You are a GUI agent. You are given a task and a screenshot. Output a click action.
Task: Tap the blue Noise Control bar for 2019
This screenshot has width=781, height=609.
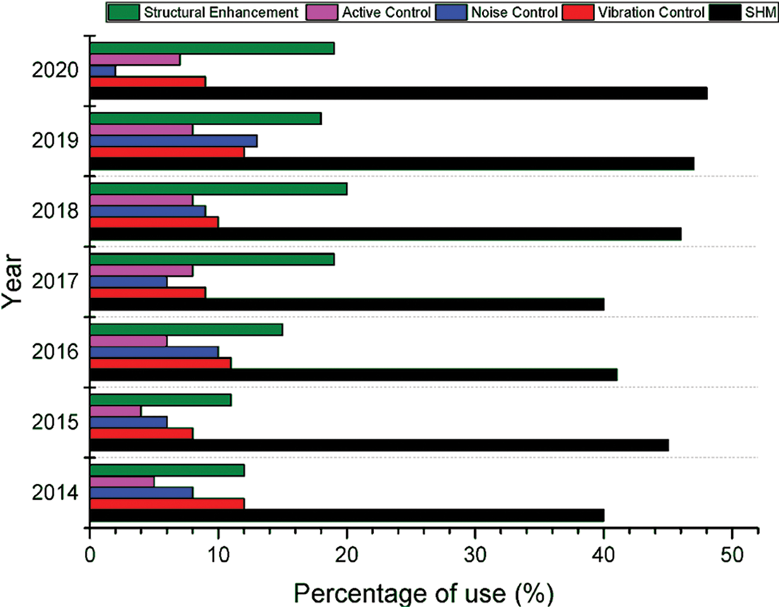pos(173,141)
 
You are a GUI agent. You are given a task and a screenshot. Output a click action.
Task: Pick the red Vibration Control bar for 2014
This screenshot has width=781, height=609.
pos(167,504)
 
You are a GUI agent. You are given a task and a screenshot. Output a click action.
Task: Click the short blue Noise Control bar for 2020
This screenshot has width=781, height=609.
pos(102,71)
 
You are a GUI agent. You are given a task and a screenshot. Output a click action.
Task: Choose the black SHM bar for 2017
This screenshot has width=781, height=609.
pos(346,304)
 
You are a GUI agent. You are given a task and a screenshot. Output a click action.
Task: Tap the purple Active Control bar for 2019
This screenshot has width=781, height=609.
pos(141,130)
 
